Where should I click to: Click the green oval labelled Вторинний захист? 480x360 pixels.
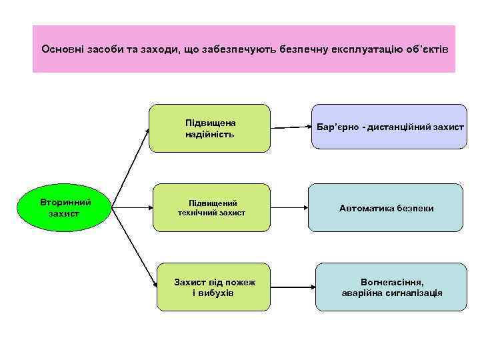click(x=64, y=207)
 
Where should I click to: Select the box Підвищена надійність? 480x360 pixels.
click(x=210, y=128)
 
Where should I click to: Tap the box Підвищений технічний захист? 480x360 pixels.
click(x=213, y=207)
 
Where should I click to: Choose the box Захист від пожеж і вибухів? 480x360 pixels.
click(x=213, y=287)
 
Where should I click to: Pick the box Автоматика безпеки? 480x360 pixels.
click(x=386, y=208)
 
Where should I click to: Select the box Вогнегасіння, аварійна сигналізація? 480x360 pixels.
click(x=391, y=287)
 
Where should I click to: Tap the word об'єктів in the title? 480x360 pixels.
click(x=427, y=49)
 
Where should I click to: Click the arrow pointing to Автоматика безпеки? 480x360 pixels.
click(x=289, y=208)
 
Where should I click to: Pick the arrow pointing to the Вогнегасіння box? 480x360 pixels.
click(x=293, y=287)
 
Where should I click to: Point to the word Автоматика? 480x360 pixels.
click(x=364, y=208)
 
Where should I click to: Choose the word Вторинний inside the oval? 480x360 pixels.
click(x=64, y=201)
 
